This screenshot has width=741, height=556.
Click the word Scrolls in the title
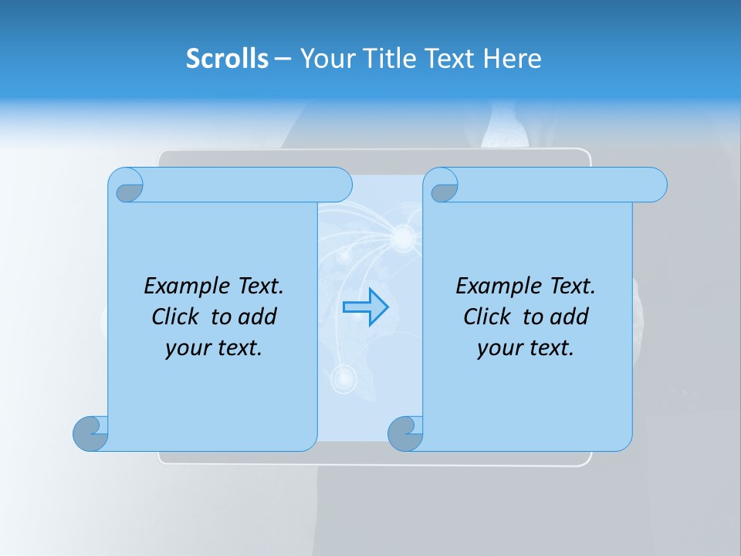(227, 58)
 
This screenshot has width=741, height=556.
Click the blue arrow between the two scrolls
(365, 307)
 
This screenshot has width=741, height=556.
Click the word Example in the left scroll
(181, 286)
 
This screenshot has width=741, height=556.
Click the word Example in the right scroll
(492, 286)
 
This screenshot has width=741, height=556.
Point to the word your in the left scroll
(187, 347)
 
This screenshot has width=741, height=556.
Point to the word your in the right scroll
(499, 347)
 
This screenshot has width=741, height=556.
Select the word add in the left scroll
(258, 317)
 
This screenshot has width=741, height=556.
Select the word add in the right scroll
(570, 317)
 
